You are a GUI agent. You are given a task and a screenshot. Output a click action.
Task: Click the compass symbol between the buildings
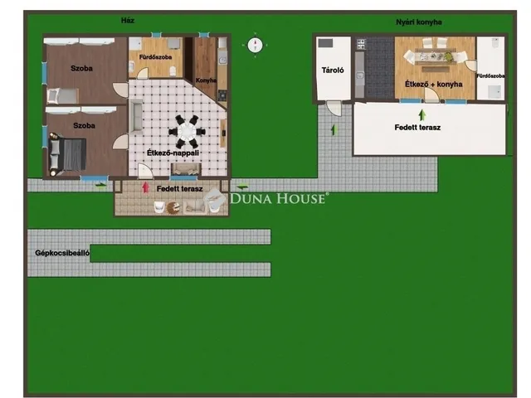[x=255, y=45]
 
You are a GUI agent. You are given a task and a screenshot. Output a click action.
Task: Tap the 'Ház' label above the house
[x=128, y=20]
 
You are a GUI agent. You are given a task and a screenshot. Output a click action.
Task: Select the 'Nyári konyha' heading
[x=419, y=22]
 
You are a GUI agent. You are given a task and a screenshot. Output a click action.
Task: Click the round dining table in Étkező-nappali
[x=186, y=132]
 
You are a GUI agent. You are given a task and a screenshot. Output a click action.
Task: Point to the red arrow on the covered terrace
[x=146, y=187]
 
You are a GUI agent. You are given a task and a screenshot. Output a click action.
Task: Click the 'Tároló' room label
[x=333, y=70]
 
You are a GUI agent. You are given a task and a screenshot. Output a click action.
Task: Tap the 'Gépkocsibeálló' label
[x=62, y=253]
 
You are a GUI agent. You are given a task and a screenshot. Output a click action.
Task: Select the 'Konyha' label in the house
[x=206, y=80]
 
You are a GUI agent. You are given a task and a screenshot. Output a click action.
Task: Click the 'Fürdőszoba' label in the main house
[x=155, y=57]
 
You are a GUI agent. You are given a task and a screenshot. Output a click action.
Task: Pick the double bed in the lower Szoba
[x=67, y=154]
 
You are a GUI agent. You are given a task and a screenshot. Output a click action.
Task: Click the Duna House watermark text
[x=279, y=198]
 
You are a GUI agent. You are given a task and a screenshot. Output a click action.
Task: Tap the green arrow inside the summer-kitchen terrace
[x=422, y=115]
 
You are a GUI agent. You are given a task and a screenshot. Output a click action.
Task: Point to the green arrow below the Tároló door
[x=334, y=130]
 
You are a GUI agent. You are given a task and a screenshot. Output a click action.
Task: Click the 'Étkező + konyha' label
[x=433, y=84]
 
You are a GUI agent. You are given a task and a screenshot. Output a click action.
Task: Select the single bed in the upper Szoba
[x=63, y=95]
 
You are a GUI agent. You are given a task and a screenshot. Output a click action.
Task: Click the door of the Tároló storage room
[x=334, y=109]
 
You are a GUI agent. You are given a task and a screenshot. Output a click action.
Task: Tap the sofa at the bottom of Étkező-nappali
[x=186, y=169]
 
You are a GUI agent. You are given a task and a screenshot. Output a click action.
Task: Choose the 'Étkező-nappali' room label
[x=173, y=153]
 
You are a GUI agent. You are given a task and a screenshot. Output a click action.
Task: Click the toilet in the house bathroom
[x=173, y=70]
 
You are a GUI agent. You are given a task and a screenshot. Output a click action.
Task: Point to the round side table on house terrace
[x=173, y=206]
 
